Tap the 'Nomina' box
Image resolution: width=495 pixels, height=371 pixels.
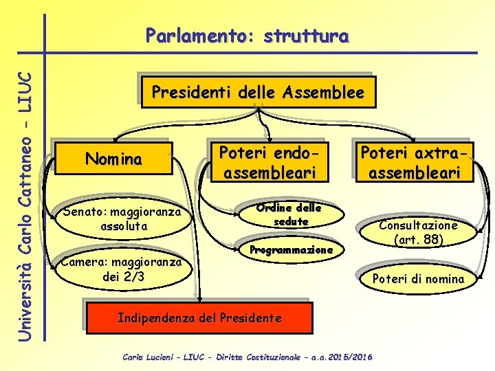[113, 159]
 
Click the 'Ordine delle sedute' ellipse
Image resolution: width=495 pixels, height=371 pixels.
[289, 215]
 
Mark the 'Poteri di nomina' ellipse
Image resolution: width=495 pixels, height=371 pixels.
[418, 278]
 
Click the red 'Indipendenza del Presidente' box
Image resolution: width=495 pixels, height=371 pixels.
[199, 318]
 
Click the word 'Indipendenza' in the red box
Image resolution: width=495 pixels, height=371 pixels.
[155, 318]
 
